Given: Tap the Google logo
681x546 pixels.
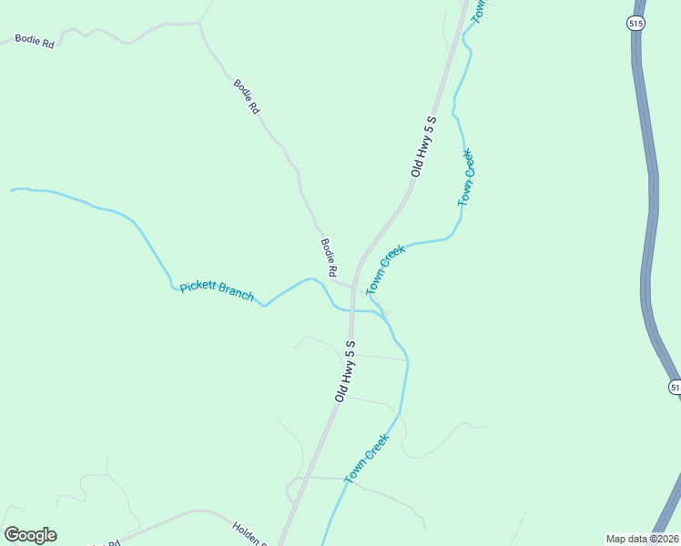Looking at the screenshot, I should (30, 535).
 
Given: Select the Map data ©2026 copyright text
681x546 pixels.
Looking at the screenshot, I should (641, 539).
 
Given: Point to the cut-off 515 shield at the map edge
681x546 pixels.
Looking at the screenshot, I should (676, 387).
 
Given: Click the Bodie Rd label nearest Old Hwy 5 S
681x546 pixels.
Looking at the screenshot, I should (330, 258).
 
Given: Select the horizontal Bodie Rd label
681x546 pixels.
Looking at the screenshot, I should (35, 42).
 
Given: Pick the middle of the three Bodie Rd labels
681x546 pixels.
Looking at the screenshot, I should (247, 96).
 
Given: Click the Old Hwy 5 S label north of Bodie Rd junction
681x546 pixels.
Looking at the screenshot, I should (424, 146).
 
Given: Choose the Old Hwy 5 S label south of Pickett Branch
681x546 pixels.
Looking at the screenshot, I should (344, 370).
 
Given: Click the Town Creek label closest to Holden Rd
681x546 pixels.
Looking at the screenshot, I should (367, 458).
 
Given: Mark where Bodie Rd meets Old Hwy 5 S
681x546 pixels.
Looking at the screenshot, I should (353, 285).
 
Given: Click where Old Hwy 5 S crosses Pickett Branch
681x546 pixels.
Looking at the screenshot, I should (351, 310).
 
